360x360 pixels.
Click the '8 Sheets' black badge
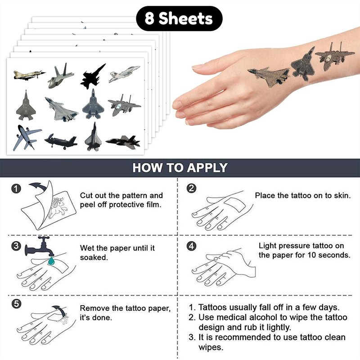(x=179, y=18)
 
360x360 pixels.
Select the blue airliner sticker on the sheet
(x=27, y=138)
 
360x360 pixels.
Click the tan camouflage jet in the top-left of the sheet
(x=29, y=75)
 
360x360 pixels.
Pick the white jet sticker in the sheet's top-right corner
(x=124, y=74)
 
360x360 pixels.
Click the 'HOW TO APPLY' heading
(x=180, y=167)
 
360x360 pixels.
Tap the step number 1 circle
(x=16, y=189)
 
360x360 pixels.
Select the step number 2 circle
(x=192, y=188)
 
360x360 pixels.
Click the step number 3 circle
(x=16, y=246)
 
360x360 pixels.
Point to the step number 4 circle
(x=192, y=246)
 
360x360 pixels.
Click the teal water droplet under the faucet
(x=51, y=261)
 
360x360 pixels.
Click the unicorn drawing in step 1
(x=58, y=207)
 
